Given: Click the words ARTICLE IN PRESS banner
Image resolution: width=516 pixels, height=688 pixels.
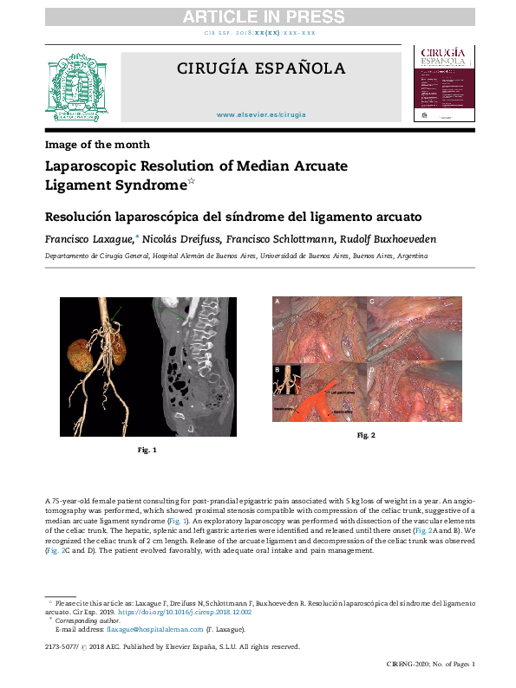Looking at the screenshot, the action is point(257,16).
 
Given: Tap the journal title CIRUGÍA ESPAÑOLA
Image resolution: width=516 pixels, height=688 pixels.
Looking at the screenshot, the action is point(261,69).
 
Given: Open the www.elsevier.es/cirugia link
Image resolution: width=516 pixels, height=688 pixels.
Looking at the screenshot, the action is point(261,114).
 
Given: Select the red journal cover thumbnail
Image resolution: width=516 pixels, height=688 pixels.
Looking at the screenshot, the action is point(443,84).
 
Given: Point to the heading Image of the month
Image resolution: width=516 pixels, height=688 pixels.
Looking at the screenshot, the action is point(97,145).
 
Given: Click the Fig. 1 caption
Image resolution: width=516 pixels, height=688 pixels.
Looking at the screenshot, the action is point(147,451).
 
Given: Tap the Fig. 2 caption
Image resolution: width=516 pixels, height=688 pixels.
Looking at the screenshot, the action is point(366,434).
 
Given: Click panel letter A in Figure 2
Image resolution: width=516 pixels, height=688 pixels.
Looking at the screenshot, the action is point(278,302).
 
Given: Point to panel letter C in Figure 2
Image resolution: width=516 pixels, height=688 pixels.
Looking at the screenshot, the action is point(371,302).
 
